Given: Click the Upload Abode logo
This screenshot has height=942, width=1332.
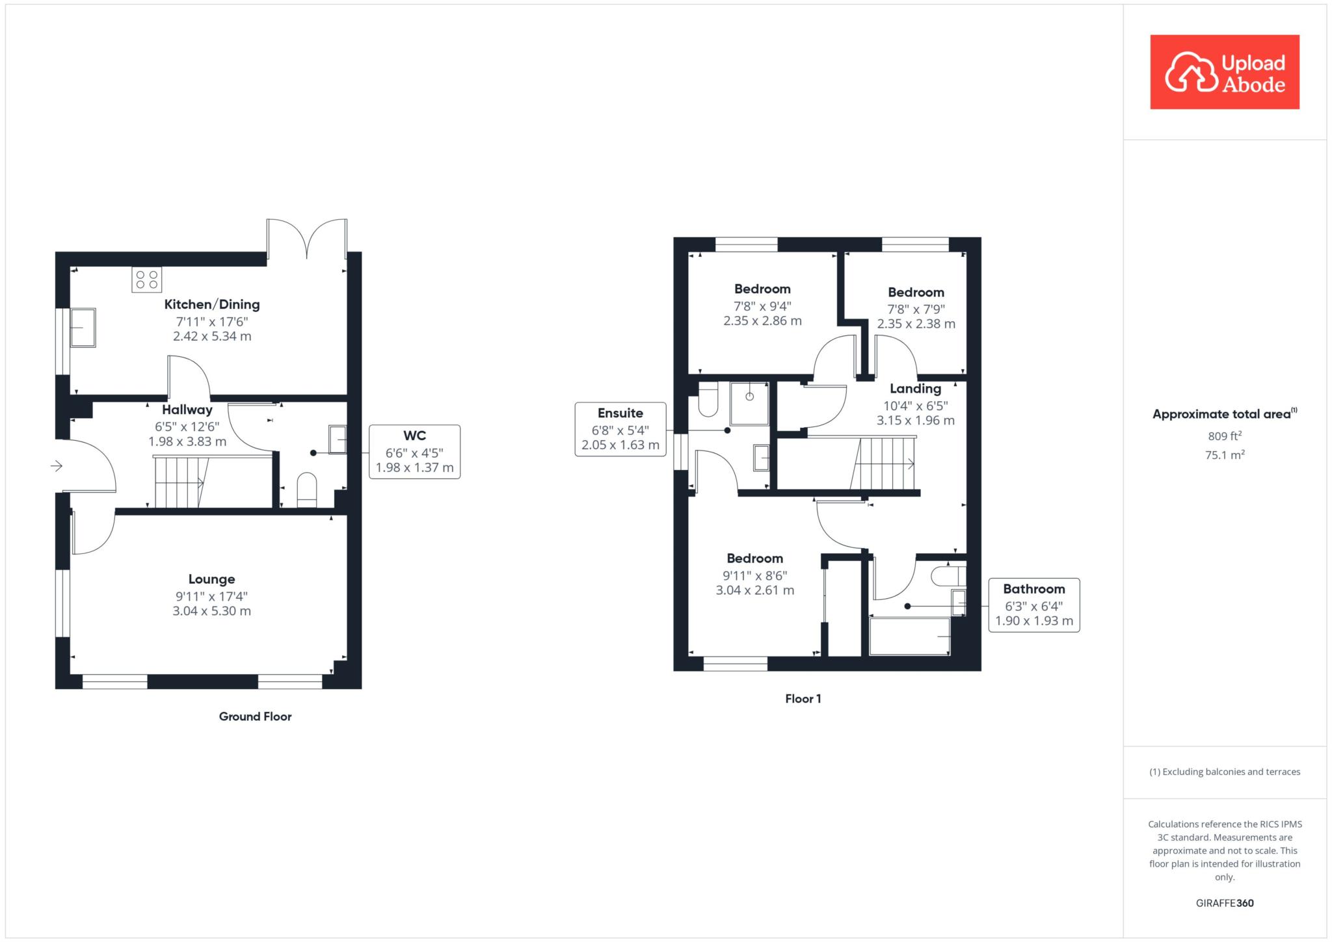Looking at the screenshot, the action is point(1225,72).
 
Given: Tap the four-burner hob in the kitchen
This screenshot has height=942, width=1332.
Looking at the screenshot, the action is point(147,280).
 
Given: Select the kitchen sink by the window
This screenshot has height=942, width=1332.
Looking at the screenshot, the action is point(83,328).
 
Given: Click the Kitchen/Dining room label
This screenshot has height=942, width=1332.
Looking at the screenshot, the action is point(212,304).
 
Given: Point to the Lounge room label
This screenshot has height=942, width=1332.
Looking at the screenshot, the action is point(212,579).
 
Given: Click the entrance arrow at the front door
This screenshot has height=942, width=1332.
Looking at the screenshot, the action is point(57,466).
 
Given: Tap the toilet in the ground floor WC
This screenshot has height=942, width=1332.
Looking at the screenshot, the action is point(307,490).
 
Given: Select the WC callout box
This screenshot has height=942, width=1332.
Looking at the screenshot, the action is point(415,452).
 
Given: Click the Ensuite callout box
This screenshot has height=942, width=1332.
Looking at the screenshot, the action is point(620,429).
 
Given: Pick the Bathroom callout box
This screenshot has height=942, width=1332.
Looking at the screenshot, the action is point(1034,605).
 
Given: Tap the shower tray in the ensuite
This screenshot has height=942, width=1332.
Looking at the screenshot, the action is point(750,404).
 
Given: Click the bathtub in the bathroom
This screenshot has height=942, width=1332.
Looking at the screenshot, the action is point(910,636).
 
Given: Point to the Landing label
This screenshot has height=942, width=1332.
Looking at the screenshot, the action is point(916,389).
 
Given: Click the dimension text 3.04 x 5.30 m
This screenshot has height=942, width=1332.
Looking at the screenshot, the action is point(212,611).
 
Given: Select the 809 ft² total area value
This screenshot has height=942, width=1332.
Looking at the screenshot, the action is point(1225,436).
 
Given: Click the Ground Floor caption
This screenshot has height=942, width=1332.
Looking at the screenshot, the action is point(256,716).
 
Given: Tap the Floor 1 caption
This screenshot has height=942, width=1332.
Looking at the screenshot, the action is point(803,699).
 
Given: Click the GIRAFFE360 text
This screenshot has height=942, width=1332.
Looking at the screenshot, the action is point(1225,903).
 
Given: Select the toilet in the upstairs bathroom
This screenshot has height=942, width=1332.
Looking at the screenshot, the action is point(948,576).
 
